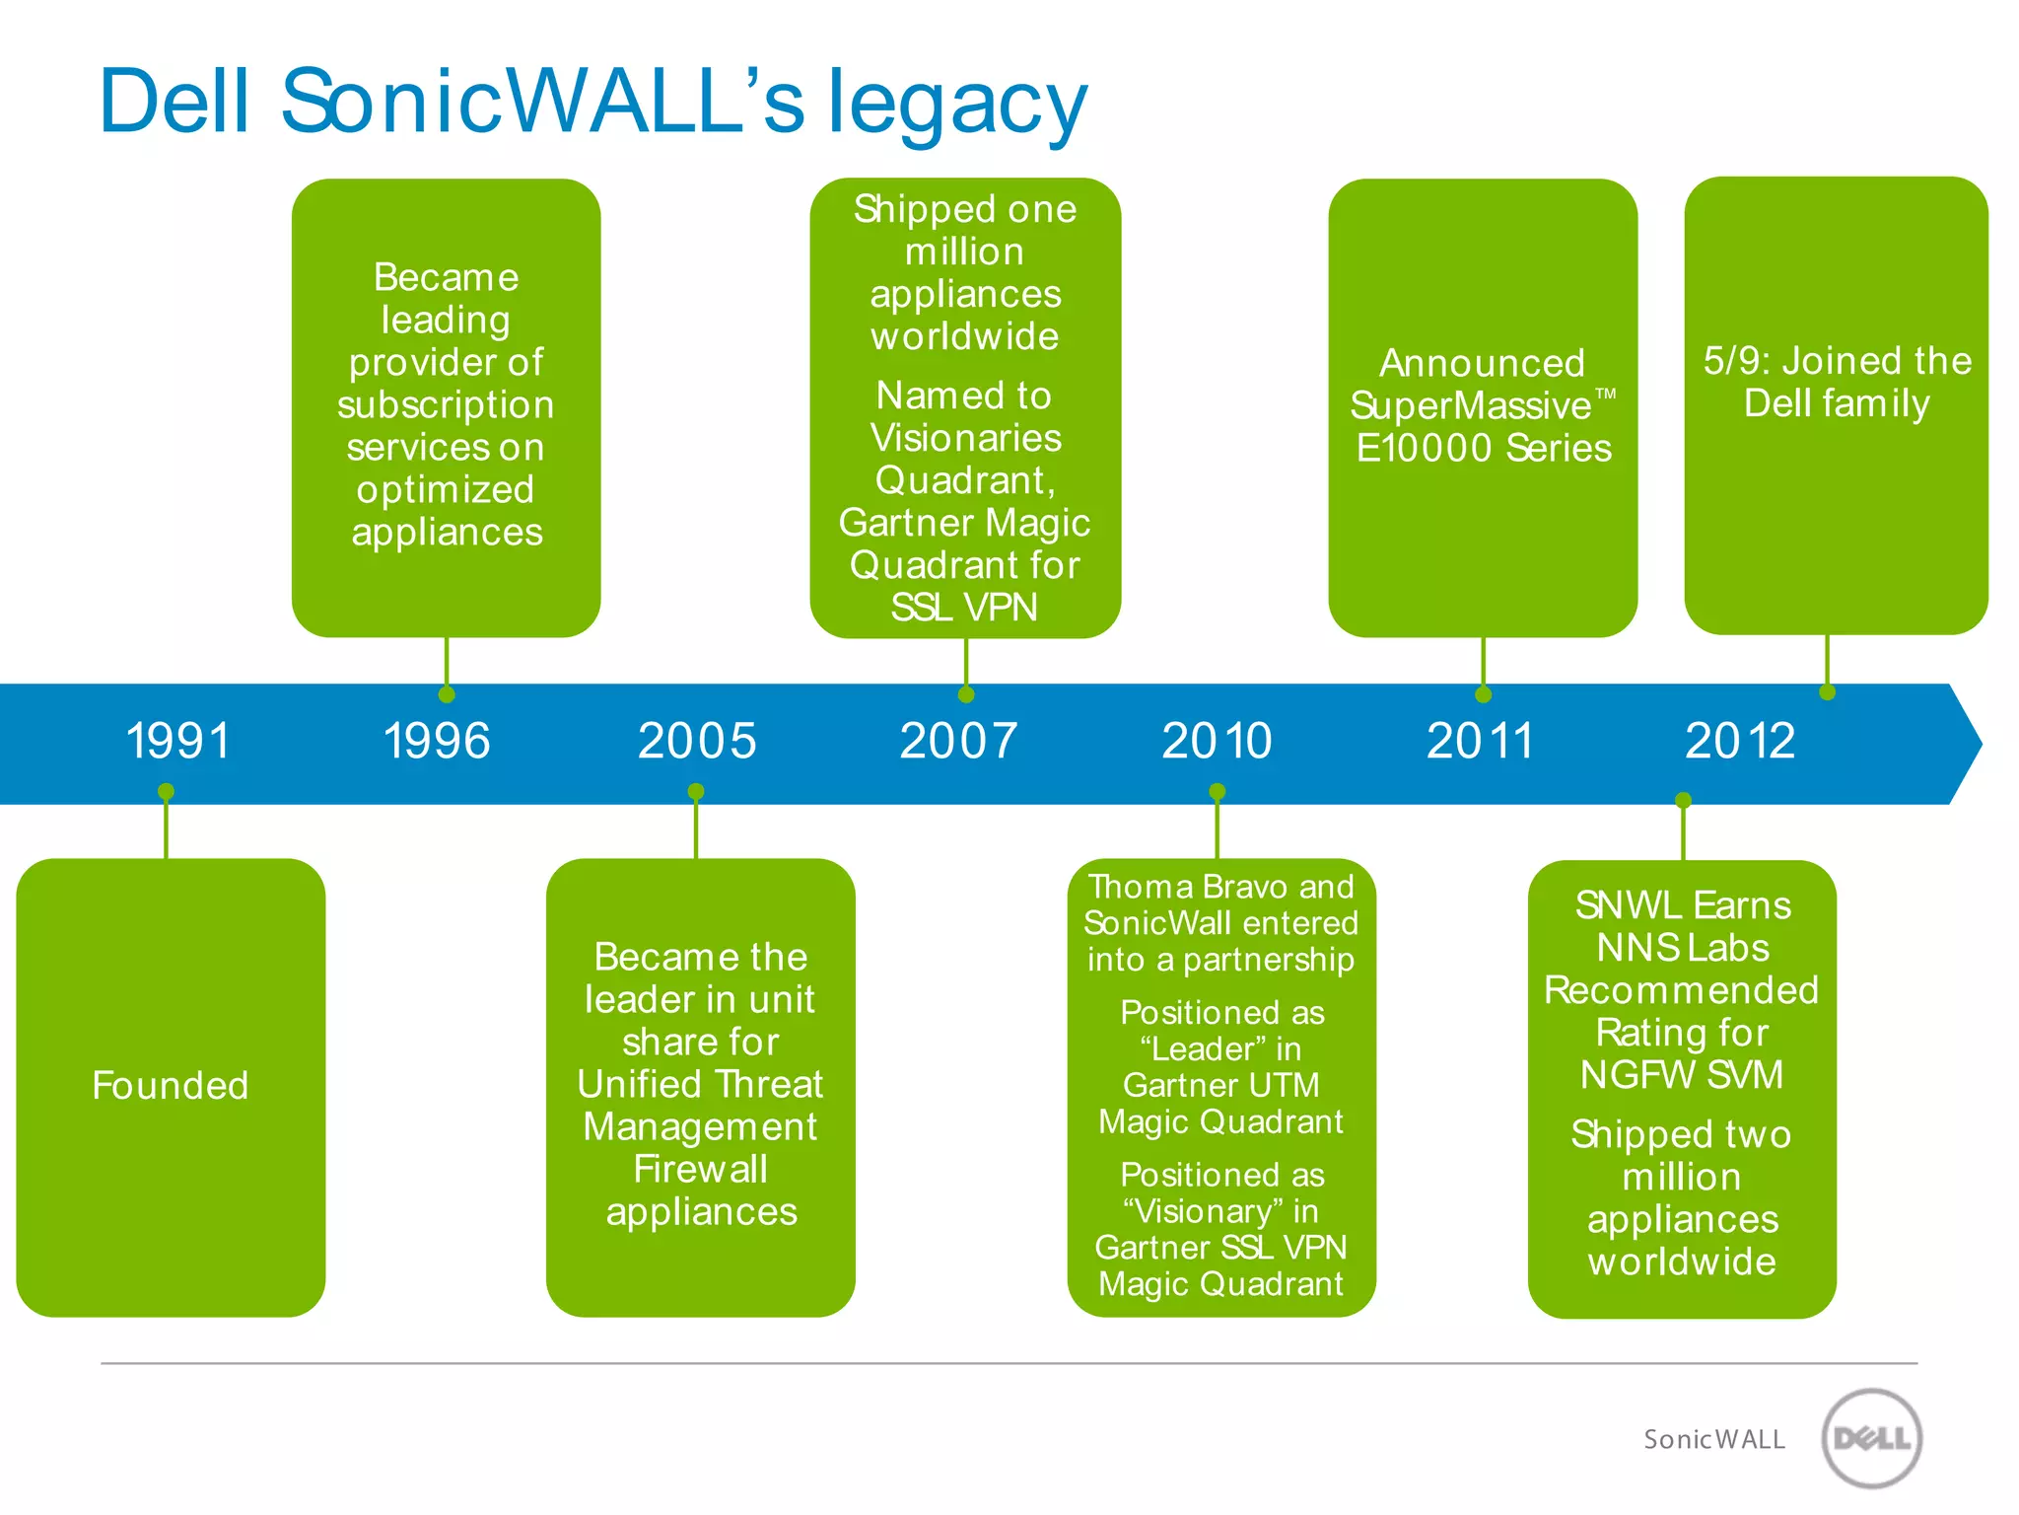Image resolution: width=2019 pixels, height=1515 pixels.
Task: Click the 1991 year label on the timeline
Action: (178, 741)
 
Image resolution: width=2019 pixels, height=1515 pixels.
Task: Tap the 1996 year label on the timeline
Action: (437, 741)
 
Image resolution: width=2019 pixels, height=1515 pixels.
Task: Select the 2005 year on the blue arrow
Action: (697, 741)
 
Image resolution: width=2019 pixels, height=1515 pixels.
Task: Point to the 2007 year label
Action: (958, 741)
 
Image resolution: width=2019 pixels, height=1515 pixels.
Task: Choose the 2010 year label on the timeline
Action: (1217, 741)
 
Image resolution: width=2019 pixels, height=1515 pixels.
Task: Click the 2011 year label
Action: (1480, 741)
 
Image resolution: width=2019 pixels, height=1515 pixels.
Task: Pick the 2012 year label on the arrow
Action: (1740, 741)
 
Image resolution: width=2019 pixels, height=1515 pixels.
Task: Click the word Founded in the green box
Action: (171, 1085)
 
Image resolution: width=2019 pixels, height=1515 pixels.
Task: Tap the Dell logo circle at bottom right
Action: (1871, 1438)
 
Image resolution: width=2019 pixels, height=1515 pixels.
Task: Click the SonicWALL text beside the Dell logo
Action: (1713, 1440)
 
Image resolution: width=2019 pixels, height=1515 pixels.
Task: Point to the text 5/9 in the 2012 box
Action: (1736, 361)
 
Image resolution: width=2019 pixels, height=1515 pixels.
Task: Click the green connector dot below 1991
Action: (166, 792)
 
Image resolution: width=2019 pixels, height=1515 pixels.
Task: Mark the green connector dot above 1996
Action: (447, 694)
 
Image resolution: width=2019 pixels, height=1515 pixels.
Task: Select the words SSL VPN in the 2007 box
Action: (963, 608)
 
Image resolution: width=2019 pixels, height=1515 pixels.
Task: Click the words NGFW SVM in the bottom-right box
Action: (1682, 1075)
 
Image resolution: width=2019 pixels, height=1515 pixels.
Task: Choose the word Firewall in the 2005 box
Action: (700, 1170)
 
